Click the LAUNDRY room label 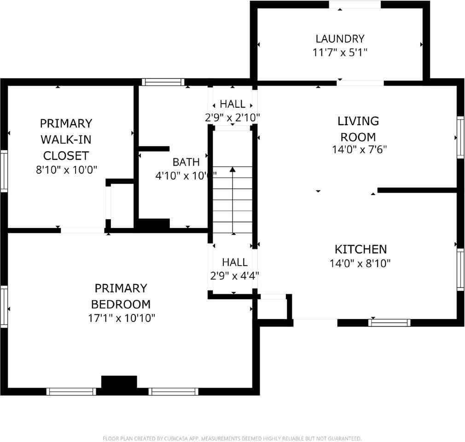[340, 39]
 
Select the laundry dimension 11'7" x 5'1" [340, 52]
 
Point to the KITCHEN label [360, 250]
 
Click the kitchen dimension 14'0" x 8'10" [360, 264]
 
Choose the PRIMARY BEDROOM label [121, 296]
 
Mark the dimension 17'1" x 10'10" [122, 318]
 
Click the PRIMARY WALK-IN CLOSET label [66, 139]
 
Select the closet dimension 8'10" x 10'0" [67, 170]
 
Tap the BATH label [186, 162]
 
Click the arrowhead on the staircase [232, 170]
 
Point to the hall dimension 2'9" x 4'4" [234, 276]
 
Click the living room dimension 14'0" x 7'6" [358, 150]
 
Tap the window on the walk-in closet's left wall [4, 171]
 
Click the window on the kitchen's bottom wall [389, 322]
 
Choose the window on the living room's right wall [460, 137]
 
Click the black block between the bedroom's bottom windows [119, 384]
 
